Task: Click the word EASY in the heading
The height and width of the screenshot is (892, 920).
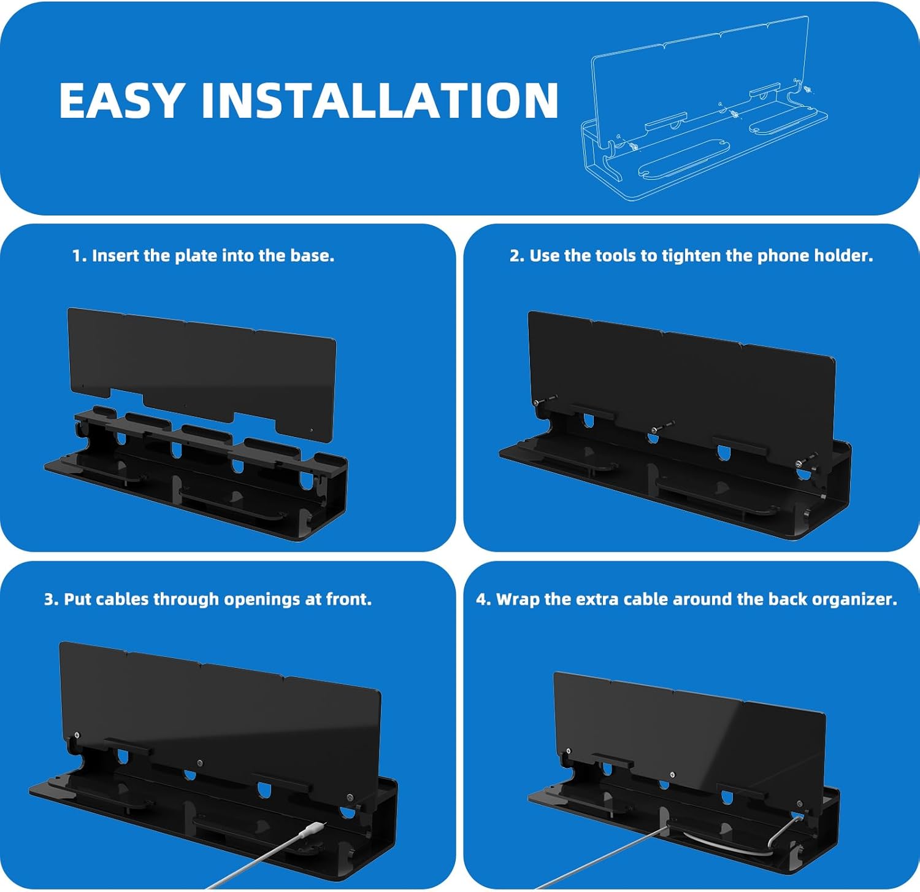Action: pos(121,100)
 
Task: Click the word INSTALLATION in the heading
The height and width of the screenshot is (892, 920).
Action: pos(380,100)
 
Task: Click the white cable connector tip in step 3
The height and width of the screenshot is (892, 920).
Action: pos(313,829)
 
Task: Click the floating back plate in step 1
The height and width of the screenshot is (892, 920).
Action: pos(202,374)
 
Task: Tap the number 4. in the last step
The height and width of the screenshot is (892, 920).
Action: pos(484,599)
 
